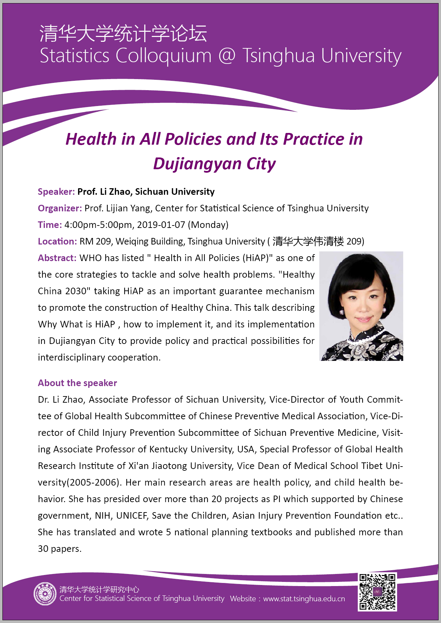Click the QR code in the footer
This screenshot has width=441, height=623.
click(x=377, y=592)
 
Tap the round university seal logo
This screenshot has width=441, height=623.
click(x=45, y=594)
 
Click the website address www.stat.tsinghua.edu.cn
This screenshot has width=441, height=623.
click(x=304, y=599)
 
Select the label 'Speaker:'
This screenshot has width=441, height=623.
click(x=56, y=192)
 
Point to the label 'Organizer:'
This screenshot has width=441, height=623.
click(x=60, y=208)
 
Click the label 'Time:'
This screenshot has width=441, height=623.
click(x=50, y=225)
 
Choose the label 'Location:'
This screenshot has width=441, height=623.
click(x=57, y=241)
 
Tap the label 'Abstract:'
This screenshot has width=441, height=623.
click(x=57, y=258)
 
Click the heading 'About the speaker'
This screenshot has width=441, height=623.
click(x=77, y=383)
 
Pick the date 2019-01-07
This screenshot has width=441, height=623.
click(x=161, y=225)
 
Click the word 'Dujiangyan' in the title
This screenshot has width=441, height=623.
click(x=197, y=164)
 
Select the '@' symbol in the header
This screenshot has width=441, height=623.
click(x=227, y=56)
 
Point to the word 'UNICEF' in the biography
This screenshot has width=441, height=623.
click(x=132, y=516)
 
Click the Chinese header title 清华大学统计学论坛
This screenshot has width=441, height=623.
click(x=123, y=33)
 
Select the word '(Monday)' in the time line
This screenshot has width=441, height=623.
click(x=208, y=225)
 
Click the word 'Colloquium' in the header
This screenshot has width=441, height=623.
click(x=163, y=56)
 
